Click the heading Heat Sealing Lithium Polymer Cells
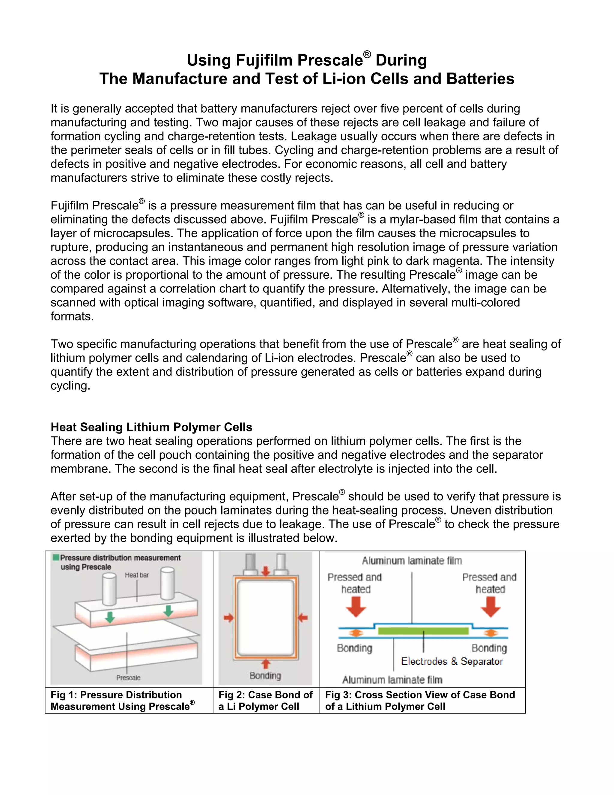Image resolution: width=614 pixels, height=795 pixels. click(151, 427)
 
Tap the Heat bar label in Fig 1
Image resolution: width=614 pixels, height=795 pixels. click(137, 575)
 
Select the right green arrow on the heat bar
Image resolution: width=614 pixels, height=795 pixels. click(168, 610)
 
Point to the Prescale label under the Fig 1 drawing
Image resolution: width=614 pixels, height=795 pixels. click(128, 678)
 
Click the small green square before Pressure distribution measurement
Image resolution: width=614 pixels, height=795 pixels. click(56, 557)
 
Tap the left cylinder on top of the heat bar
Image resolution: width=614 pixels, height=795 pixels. click(109, 588)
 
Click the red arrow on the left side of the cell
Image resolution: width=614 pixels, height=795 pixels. click(228, 618)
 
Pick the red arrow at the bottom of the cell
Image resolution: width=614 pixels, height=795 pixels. click(266, 664)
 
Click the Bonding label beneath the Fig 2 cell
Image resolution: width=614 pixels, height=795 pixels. click(265, 676)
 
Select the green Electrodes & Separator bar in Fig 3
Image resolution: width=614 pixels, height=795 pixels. click(423, 631)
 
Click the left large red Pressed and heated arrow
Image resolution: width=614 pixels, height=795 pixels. click(356, 607)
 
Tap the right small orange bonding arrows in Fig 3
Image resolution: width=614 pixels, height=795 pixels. click(491, 633)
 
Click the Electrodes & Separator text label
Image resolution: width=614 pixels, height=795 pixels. click(452, 661)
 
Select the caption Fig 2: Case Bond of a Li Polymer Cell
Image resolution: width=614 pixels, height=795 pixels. click(266, 700)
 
